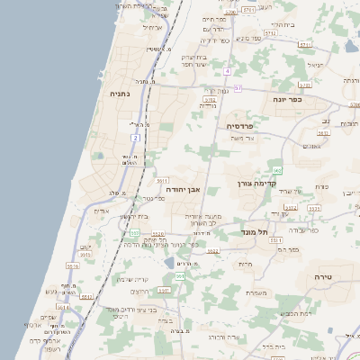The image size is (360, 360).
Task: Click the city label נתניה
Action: pos(120,93)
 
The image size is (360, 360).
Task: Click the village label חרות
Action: pos(246,264)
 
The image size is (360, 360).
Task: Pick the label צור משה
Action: pos(244,139)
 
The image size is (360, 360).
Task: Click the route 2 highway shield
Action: pos(135,138)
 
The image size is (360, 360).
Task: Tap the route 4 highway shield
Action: pos(228,70)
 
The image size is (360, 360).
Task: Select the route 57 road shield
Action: pos(238,88)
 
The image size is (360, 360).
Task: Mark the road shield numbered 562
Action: pos(277,169)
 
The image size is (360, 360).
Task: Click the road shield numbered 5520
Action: pos(157,232)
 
